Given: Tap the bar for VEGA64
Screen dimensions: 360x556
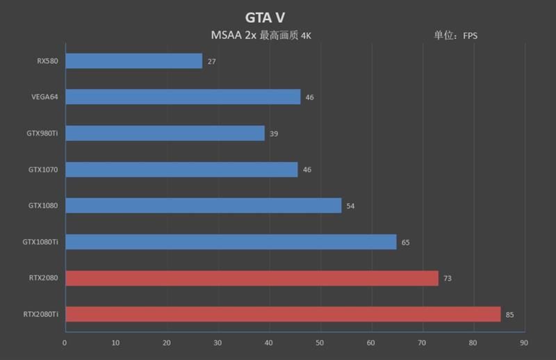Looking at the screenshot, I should tap(182, 97).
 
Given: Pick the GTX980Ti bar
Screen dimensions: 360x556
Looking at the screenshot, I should tap(165, 133).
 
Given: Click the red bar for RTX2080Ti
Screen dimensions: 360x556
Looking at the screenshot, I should tap(282, 314).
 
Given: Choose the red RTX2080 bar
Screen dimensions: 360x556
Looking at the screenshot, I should tap(252, 278).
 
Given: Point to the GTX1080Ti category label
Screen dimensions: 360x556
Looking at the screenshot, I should tap(41, 242).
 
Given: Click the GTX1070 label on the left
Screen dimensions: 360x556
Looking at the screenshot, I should tap(43, 170).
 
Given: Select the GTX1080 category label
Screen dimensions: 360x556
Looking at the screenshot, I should tap(43, 206).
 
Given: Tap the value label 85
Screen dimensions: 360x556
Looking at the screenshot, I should tap(509, 315).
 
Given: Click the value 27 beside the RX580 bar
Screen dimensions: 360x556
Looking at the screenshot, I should tap(211, 62).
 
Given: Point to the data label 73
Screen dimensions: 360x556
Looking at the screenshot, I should tap(448, 279).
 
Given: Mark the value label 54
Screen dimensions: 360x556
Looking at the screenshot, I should tap(350, 206).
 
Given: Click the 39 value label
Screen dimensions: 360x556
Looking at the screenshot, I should tap(274, 133).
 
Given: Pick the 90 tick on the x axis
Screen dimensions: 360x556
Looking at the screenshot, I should tap(523, 343).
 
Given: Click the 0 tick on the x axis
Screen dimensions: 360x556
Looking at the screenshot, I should tap(65, 343).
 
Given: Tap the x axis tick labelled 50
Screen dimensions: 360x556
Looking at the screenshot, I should tap(320, 343).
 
